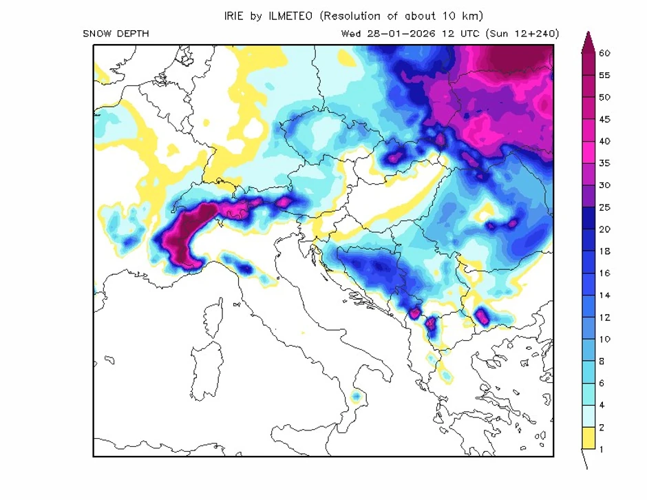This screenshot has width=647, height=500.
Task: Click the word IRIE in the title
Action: pyautogui.click(x=235, y=16)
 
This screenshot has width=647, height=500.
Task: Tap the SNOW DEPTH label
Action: pyautogui.click(x=115, y=34)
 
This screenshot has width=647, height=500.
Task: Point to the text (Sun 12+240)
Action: pyautogui.click(x=522, y=34)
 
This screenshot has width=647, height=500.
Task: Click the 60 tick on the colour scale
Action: pyautogui.click(x=605, y=53)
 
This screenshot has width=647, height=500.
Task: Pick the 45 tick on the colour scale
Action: pyautogui.click(x=605, y=119)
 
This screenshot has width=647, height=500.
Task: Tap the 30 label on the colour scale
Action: pyautogui.click(x=605, y=185)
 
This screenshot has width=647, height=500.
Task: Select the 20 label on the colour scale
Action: pyautogui.click(x=605, y=229)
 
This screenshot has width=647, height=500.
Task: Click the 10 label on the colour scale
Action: pyautogui.click(x=605, y=340)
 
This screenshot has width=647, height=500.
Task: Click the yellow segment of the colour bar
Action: pyautogui.click(x=588, y=438)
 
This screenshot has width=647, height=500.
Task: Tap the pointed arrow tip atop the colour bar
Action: pyautogui.click(x=588, y=36)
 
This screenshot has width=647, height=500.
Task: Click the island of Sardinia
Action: pyautogui.click(x=206, y=372)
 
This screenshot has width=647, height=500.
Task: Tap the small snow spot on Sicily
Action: pyautogui.click(x=356, y=397)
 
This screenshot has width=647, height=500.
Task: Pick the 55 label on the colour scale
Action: pyautogui.click(x=605, y=75)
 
